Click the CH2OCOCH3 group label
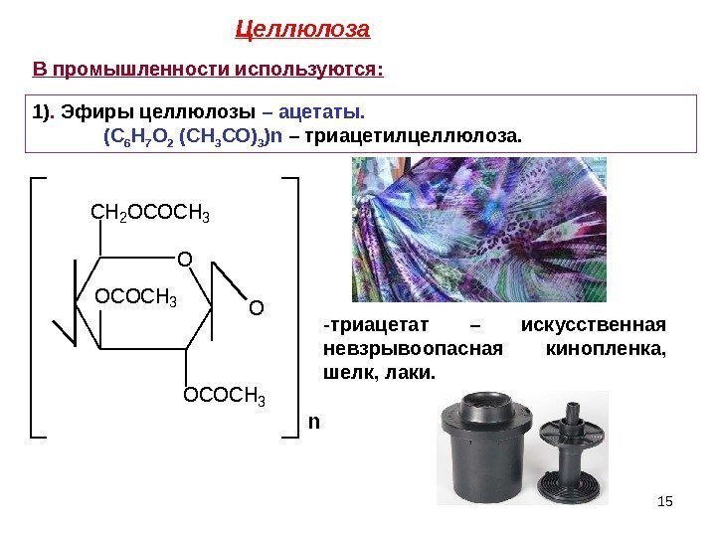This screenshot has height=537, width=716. point(150,213)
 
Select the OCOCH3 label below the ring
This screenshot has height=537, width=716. point(226,399)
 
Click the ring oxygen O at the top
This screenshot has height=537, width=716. point(183,261)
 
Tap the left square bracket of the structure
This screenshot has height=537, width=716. point(38,307)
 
